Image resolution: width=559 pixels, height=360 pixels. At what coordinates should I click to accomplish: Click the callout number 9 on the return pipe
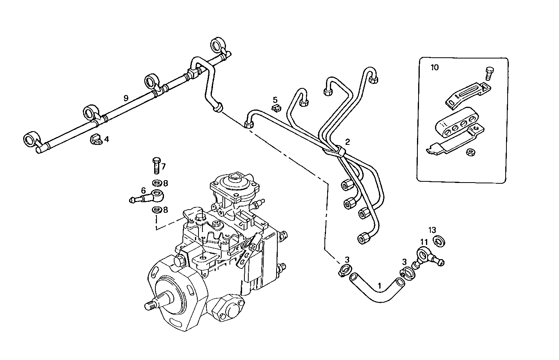coord(126,98)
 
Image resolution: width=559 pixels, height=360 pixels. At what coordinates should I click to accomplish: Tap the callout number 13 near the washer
coord(432,230)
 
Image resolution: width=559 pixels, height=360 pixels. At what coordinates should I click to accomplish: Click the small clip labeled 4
coord(95,139)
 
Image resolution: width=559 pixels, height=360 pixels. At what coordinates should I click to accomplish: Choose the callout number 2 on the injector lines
coord(347,141)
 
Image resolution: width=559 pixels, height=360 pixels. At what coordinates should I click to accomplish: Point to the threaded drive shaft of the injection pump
coord(152,305)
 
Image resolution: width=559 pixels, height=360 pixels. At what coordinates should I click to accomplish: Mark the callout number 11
coord(424,241)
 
